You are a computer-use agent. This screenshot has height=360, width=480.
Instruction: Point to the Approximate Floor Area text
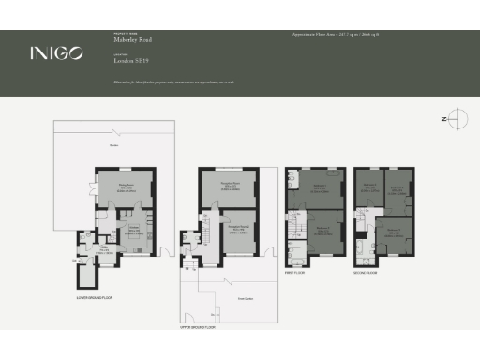click(x=337, y=35)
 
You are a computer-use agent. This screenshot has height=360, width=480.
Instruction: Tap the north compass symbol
click(x=455, y=119)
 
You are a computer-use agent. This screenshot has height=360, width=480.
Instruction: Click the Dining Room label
click(x=123, y=185)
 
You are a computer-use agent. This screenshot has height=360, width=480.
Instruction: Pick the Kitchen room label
click(x=133, y=228)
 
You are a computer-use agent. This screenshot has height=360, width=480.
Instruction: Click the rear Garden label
click(x=113, y=145)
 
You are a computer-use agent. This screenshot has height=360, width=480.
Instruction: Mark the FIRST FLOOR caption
click(x=296, y=273)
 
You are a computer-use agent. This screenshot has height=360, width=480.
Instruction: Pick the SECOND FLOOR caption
click(x=367, y=273)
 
